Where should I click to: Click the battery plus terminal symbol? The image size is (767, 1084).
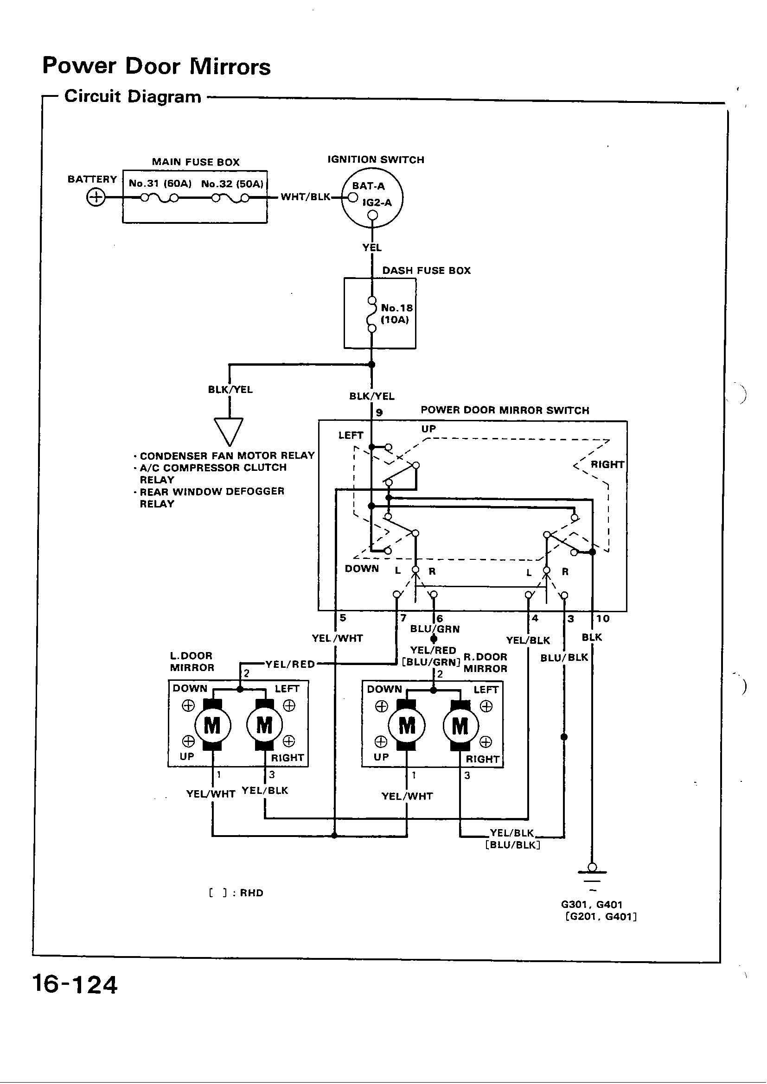(96, 197)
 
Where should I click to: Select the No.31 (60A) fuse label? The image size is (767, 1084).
(160, 184)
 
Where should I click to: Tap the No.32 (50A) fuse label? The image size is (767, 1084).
(232, 184)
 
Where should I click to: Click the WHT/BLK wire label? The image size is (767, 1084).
(306, 197)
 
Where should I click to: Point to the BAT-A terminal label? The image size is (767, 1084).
(368, 186)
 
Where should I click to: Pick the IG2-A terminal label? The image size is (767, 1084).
(377, 203)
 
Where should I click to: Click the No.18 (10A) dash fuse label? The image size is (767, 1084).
(397, 313)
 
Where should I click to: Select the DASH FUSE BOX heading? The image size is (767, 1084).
(427, 271)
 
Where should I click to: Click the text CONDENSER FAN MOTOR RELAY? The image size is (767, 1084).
(227, 456)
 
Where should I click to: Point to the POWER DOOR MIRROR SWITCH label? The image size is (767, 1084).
(505, 410)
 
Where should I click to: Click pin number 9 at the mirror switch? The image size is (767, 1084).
(379, 412)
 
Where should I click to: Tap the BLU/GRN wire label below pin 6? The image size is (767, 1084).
(435, 629)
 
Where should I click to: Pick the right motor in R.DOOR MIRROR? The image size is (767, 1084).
(460, 726)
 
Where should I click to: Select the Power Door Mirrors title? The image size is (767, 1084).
(156, 66)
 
